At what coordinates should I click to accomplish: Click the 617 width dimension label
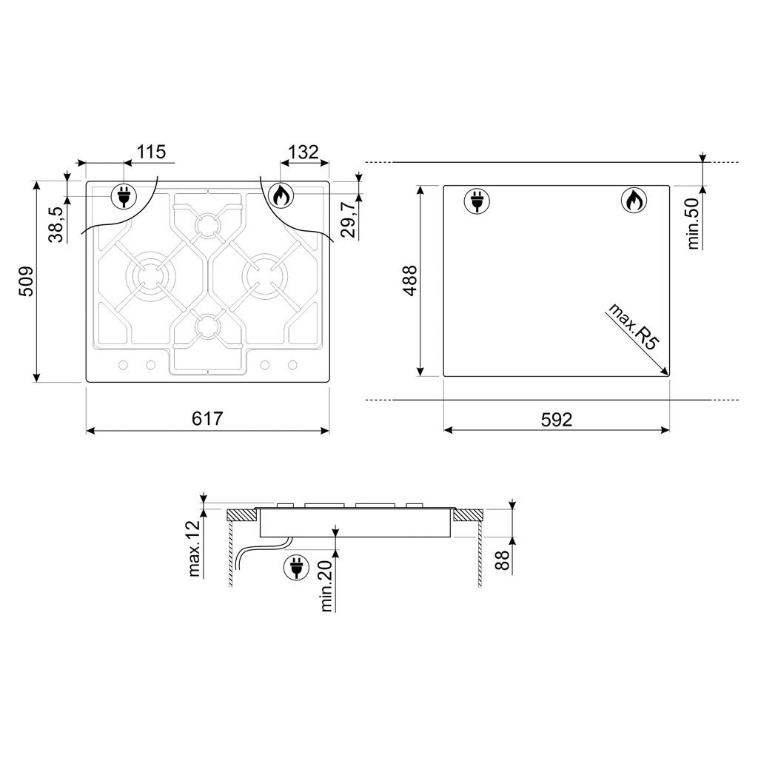pos(207,418)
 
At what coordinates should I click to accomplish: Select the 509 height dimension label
pos(26,281)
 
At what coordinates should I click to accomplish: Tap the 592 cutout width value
pos(557,419)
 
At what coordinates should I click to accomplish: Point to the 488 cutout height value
pos(410,281)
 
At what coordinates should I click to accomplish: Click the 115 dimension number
pos(151,152)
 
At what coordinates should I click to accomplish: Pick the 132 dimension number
pos(303,152)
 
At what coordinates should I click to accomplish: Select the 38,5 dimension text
pos(56,224)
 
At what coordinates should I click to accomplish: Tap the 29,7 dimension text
pos(349,220)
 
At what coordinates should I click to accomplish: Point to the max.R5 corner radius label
pos(634,326)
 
